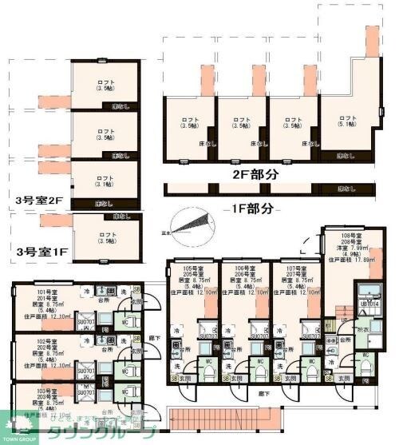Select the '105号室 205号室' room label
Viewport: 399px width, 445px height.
click(x=192, y=271)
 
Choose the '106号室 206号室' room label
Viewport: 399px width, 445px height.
click(x=244, y=271)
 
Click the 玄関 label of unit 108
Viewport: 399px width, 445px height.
click(x=344, y=377)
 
